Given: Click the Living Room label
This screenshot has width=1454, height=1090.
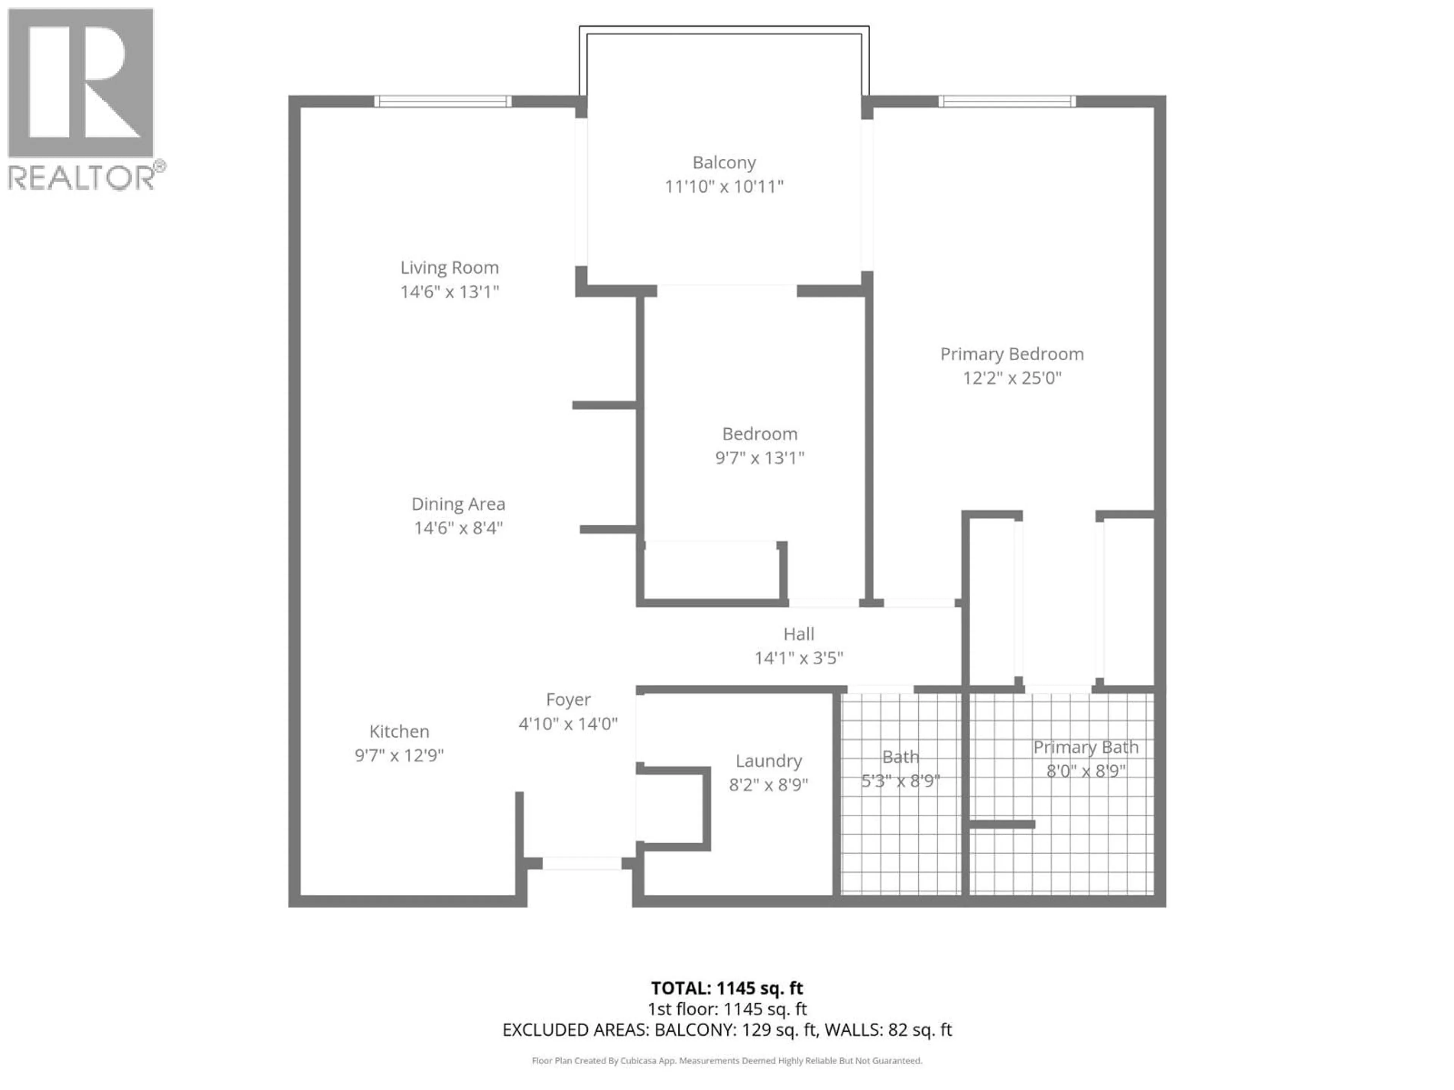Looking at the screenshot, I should (449, 268).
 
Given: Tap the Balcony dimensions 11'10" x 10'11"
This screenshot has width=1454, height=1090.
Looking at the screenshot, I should (724, 187).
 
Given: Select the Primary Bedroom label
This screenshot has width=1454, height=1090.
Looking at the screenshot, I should (1012, 354).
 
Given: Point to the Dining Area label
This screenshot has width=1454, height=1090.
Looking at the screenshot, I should (458, 504).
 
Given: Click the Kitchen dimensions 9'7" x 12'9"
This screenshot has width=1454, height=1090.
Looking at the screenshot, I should (399, 755).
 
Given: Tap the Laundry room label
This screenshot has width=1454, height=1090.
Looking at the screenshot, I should (768, 761).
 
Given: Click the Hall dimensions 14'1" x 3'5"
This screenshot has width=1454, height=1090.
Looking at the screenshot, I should (799, 658).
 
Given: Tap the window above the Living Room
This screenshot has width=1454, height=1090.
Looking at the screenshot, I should (442, 101).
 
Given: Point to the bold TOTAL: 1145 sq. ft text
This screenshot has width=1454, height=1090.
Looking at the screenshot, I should (727, 988).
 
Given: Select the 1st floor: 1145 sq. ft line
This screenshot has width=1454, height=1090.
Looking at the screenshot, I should (727, 1009).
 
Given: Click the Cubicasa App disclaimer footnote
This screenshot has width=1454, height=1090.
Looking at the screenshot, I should (727, 1060).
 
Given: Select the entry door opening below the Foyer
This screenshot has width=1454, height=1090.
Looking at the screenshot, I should (582, 863).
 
